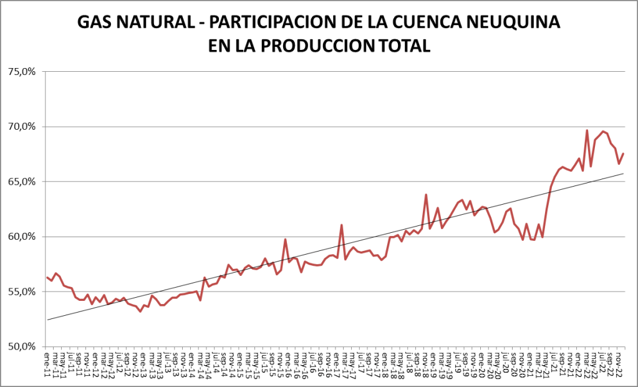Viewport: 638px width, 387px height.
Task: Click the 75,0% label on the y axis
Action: pos(22,72)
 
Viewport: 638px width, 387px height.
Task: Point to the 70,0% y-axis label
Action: pos(22,127)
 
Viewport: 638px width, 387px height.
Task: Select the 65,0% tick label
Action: pos(22,182)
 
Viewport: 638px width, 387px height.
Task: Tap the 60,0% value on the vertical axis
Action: pos(22,237)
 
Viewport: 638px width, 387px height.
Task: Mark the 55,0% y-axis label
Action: pos(22,291)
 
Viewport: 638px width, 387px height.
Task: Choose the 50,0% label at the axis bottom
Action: pos(22,346)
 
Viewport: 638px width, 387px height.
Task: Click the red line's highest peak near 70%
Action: pos(587,130)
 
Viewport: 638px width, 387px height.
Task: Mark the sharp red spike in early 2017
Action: pos(342,225)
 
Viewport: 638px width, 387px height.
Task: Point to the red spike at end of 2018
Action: pos(426,195)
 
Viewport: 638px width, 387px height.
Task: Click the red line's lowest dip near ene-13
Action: pos(140,311)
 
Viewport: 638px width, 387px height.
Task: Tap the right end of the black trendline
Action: pos(624,174)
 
